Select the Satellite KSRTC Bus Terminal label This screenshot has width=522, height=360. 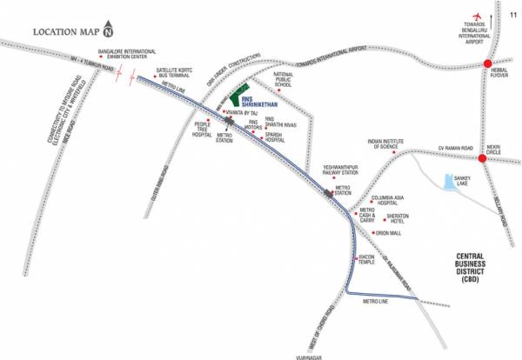coord(174,72)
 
